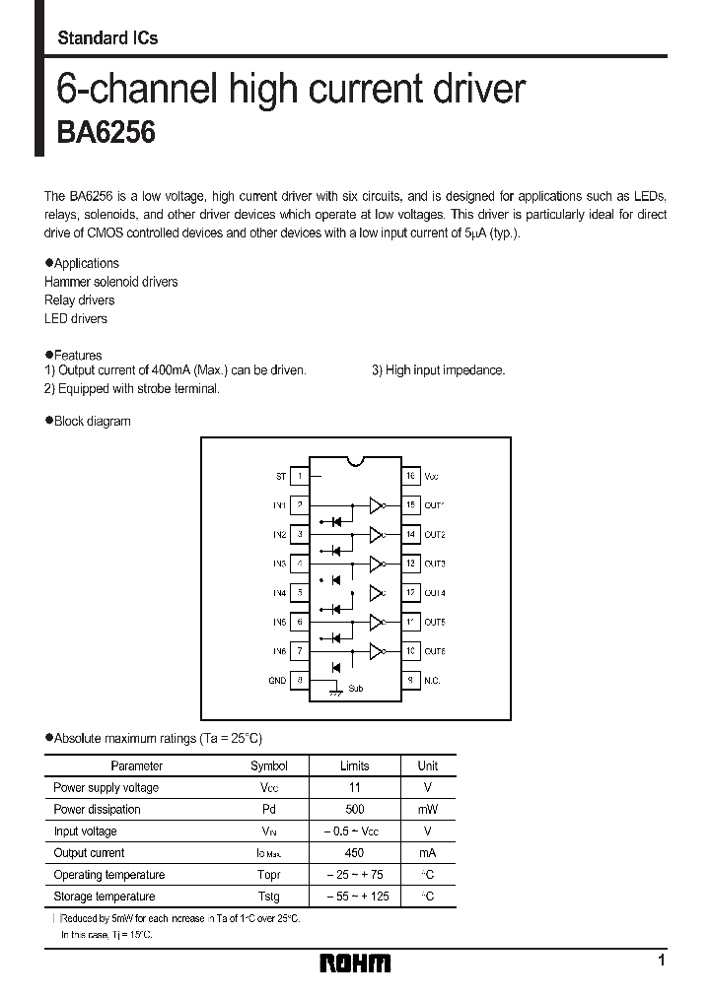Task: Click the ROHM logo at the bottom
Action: (x=355, y=964)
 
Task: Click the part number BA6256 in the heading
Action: (x=106, y=134)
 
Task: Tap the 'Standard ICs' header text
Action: (x=107, y=38)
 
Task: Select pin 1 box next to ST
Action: (x=300, y=476)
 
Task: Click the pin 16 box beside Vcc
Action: (x=409, y=476)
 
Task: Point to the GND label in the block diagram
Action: (x=277, y=681)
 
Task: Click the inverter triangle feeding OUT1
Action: (x=375, y=505)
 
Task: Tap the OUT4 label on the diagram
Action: (x=435, y=593)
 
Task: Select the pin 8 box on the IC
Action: (x=300, y=681)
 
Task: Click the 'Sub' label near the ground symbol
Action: (x=355, y=689)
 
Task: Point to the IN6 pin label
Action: (x=279, y=651)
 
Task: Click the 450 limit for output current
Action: (x=354, y=853)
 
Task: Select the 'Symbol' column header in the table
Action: (x=269, y=765)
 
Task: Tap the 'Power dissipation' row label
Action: (x=97, y=810)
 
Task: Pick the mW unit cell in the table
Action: (x=428, y=810)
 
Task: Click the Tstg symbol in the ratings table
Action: (x=268, y=897)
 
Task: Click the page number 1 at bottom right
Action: (x=661, y=961)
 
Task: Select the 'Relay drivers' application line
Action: (x=79, y=300)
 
